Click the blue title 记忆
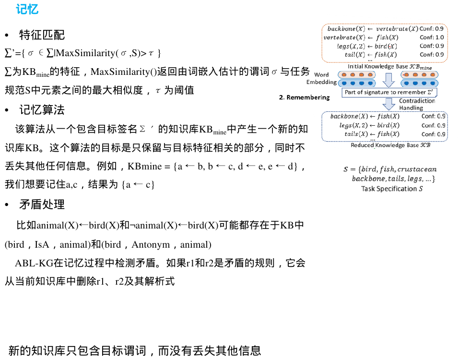click(x=27, y=9)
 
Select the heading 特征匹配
click(x=42, y=35)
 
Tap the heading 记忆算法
click(x=42, y=110)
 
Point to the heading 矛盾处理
click(x=42, y=204)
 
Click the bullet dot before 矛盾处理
click(x=6, y=205)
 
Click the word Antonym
click(x=151, y=244)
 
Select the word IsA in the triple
click(x=42, y=244)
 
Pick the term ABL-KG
click(x=34, y=263)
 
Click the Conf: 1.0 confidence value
click(x=432, y=37)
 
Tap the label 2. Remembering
click(x=304, y=97)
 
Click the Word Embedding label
click(x=321, y=79)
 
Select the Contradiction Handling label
click(x=417, y=104)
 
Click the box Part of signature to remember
click(x=389, y=92)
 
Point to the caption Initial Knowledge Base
click(x=389, y=67)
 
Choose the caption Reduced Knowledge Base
click(x=390, y=145)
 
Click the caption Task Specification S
click(x=392, y=189)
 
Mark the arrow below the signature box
click(x=389, y=104)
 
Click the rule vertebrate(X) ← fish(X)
click(x=361, y=37)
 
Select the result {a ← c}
click(x=138, y=184)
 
